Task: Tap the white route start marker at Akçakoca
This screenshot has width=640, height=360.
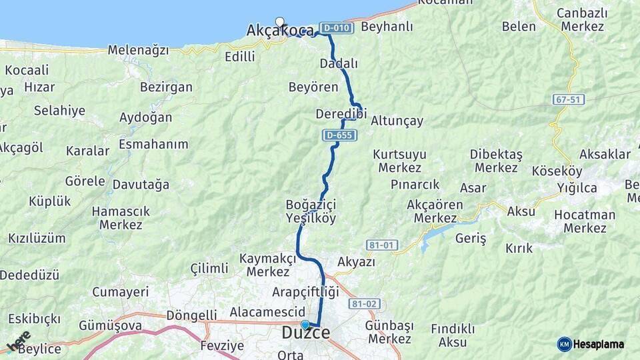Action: coord(279,21)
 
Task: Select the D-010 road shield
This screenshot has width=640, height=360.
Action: coord(335,28)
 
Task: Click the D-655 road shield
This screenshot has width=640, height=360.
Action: coord(340,135)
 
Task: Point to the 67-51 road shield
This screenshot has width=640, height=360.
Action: coord(568,99)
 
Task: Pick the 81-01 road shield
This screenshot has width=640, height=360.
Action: coord(381,245)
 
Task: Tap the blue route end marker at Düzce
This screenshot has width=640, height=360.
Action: coord(305,325)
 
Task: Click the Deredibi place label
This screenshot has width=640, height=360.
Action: coord(341,114)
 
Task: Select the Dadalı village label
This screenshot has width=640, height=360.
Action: coord(339,64)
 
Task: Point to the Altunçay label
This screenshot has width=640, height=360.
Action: coord(397,121)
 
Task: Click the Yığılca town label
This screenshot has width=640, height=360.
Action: coord(577,188)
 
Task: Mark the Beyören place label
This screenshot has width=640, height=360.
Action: coord(313,87)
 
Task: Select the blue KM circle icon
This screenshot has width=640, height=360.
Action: coord(564,345)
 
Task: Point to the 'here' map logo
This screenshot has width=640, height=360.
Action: coord(18,341)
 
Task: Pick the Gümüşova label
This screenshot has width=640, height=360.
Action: coord(110,325)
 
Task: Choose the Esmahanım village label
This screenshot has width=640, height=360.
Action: coord(153,144)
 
